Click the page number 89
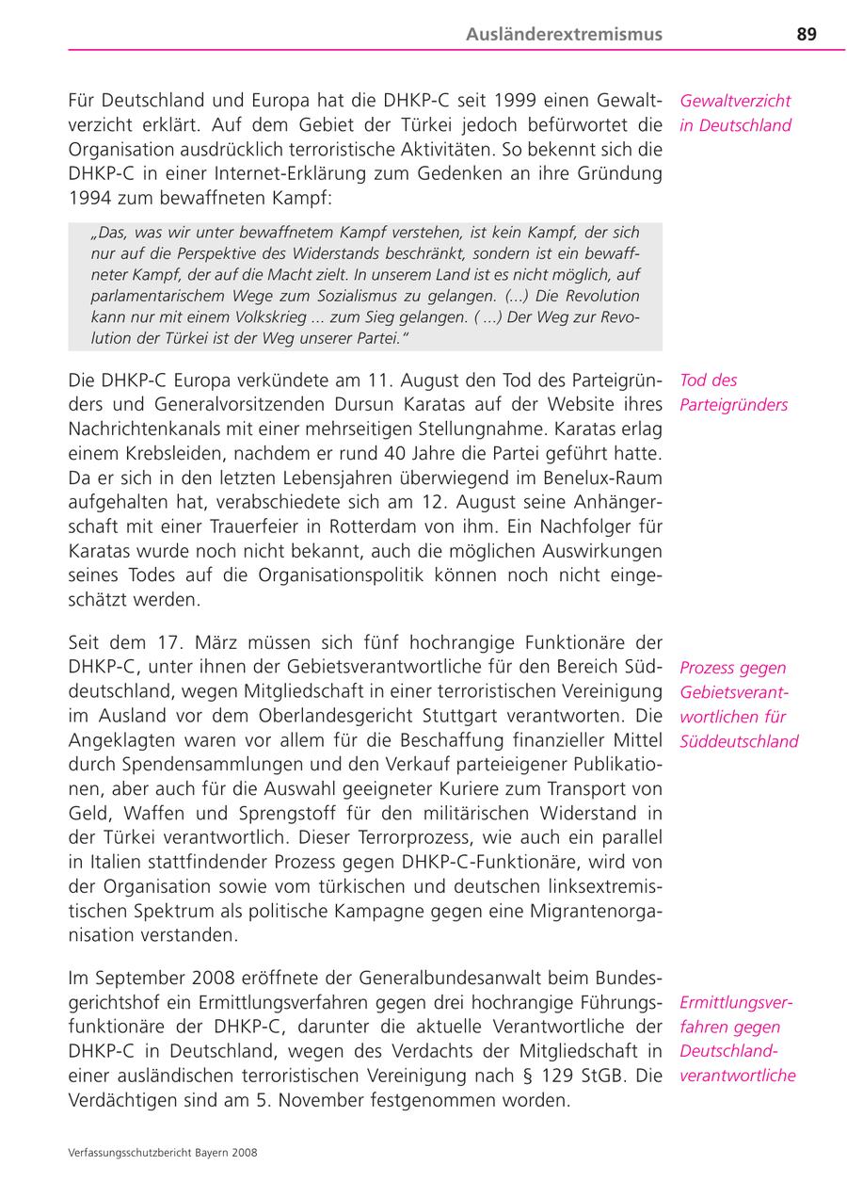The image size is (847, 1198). coord(806,35)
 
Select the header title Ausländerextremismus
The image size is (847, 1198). coord(564,35)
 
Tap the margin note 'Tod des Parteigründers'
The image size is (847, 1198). coord(733,393)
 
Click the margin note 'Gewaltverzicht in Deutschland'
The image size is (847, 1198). coord(735,113)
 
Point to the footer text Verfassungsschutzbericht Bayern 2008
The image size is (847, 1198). coord(163,1152)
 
